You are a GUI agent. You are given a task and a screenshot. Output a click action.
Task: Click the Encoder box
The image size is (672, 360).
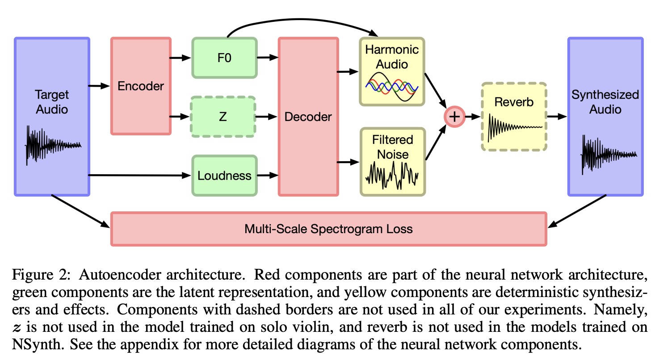pos(140,86)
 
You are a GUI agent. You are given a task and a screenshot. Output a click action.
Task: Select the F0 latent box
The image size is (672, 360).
pos(224,57)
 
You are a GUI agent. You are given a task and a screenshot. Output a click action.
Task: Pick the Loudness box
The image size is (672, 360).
pos(224,176)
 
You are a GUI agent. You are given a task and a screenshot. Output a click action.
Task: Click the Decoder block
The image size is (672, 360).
pos(308,117)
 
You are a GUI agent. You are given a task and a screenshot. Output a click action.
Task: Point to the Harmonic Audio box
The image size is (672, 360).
pos(392,71)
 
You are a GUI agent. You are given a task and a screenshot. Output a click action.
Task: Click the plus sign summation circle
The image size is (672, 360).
pos(454,117)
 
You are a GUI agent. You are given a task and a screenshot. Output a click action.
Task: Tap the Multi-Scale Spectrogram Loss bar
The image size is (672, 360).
pos(328,229)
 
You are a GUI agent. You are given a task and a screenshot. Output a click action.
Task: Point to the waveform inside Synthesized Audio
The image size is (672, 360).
pos(608,155)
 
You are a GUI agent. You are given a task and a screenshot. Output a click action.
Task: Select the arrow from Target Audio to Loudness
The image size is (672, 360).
pos(139,176)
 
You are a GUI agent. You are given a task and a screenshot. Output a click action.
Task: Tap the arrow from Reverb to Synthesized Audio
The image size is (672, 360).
pos(557,117)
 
